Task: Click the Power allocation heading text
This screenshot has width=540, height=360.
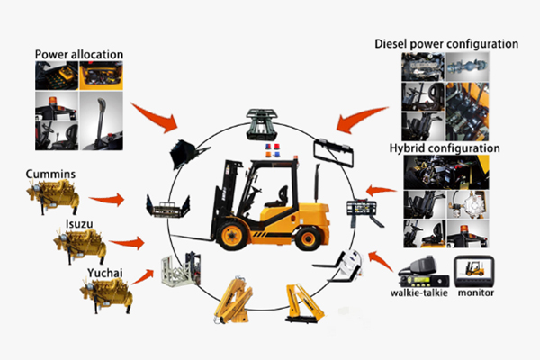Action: tap(79, 54)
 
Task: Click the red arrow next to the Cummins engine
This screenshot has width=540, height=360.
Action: tap(109, 197)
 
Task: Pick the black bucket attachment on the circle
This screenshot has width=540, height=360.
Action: tap(186, 150)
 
